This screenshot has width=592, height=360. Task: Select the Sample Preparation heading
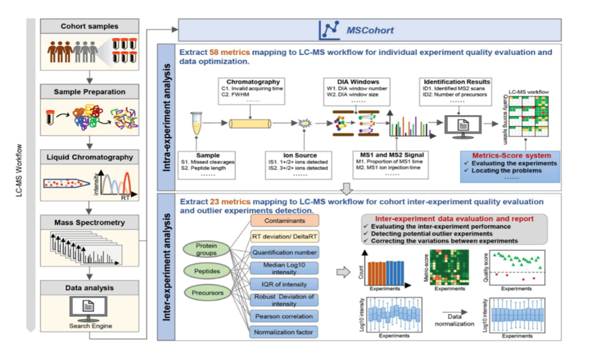[89, 93]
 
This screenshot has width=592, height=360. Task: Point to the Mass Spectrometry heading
[89, 223]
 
